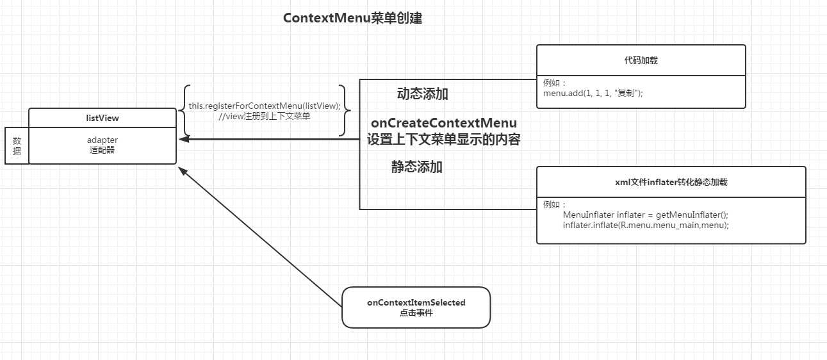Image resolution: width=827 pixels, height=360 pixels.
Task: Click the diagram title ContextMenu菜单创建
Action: click(352, 19)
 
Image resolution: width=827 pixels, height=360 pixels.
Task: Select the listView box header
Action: click(102, 118)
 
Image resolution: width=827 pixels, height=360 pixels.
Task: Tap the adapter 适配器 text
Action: click(102, 145)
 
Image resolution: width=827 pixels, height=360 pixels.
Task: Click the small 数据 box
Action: click(17, 146)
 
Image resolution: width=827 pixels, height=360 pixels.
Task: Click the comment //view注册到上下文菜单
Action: click(265, 116)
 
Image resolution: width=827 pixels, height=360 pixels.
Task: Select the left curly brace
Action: click(184, 111)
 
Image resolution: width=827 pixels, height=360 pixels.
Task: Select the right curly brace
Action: click(347, 111)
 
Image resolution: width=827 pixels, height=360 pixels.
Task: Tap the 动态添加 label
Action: click(422, 94)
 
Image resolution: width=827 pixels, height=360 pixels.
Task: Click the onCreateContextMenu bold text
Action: click(443, 122)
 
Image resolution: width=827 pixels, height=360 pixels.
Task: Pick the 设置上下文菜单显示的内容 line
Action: click(443, 140)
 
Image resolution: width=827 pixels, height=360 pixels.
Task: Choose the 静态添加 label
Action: click(417, 167)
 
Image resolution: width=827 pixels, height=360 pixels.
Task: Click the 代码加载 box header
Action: click(641, 60)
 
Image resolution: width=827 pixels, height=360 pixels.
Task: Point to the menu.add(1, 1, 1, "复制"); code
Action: click(593, 93)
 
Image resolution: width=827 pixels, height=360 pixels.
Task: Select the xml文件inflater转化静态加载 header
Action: click(671, 182)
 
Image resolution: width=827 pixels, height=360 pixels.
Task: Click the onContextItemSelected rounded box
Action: click(416, 307)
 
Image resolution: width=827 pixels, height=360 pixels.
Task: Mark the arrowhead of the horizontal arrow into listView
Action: click(183, 139)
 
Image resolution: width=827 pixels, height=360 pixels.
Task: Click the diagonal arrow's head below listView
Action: click(182, 170)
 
